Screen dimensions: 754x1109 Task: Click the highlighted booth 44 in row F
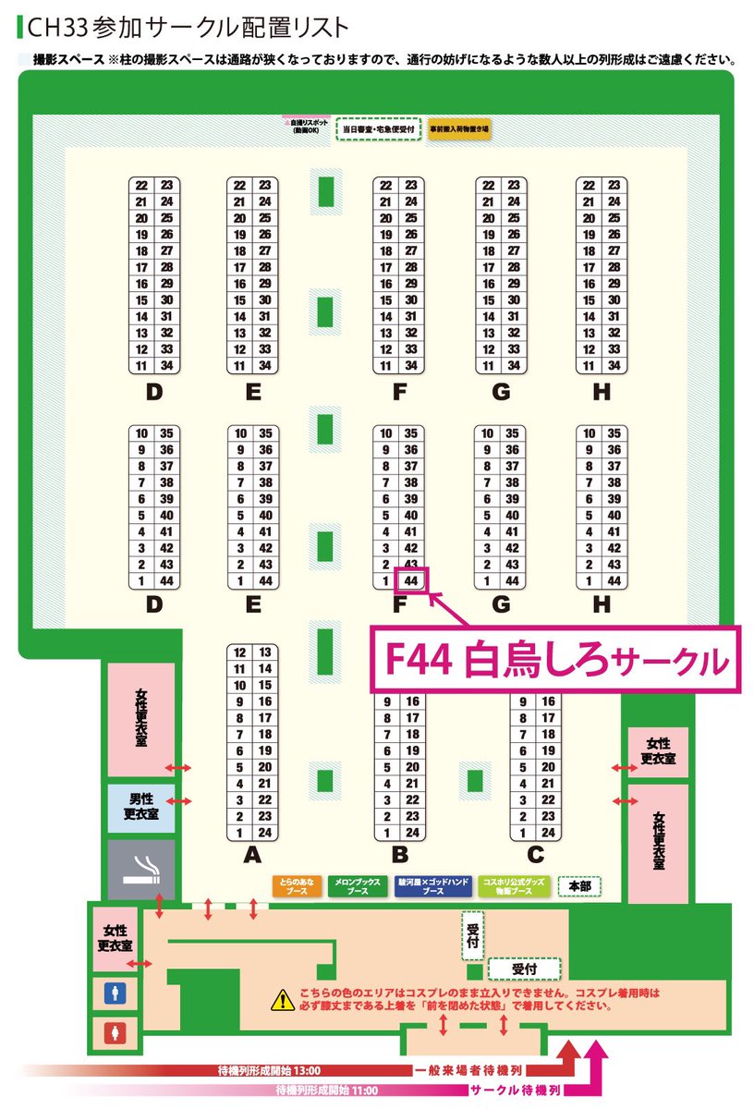[412, 581]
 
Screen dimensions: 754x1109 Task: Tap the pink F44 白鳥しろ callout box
[555, 659]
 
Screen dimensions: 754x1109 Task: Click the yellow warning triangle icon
[281, 999]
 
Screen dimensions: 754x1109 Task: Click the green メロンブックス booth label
[356, 887]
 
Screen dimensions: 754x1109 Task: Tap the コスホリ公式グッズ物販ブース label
[511, 887]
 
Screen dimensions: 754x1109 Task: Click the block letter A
[251, 856]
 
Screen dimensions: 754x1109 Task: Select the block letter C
[535, 856]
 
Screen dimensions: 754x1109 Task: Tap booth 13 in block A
[265, 652]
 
